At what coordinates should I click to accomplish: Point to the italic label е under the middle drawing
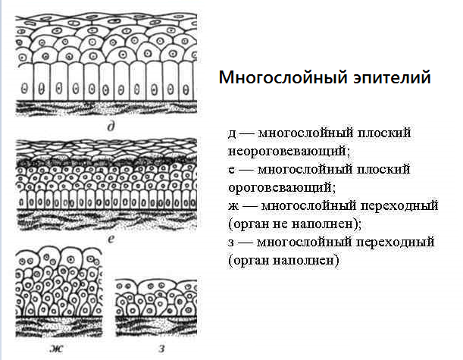(111, 237)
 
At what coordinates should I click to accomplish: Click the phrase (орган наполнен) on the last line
(283, 259)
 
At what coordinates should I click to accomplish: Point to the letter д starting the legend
(233, 133)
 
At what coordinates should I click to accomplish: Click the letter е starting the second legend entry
(231, 169)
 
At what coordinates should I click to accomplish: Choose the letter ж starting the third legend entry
(233, 205)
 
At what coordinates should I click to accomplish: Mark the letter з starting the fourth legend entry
(231, 242)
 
